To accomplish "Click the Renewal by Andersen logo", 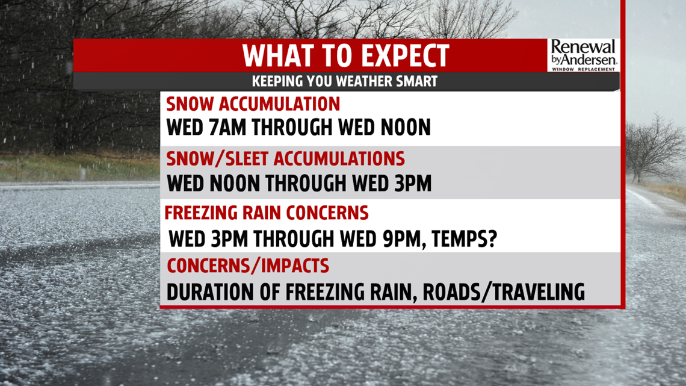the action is point(583,55).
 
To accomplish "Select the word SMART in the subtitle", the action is point(418,81).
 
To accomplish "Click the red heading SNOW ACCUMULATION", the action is point(253,104).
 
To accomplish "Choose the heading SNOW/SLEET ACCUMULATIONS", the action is point(285,158).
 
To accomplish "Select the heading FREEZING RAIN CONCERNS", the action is point(267,213).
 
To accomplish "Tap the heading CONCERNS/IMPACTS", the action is point(248,266).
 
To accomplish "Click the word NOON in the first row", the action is point(406,127).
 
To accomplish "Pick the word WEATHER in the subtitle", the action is point(370,81).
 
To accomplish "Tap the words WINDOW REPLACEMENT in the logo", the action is point(583,69).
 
